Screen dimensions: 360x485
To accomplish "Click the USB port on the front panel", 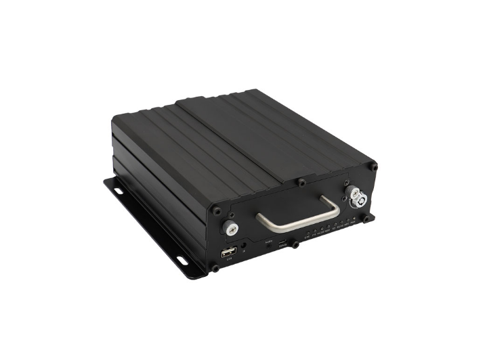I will [224, 254].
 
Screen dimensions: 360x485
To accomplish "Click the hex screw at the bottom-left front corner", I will [215, 270].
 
